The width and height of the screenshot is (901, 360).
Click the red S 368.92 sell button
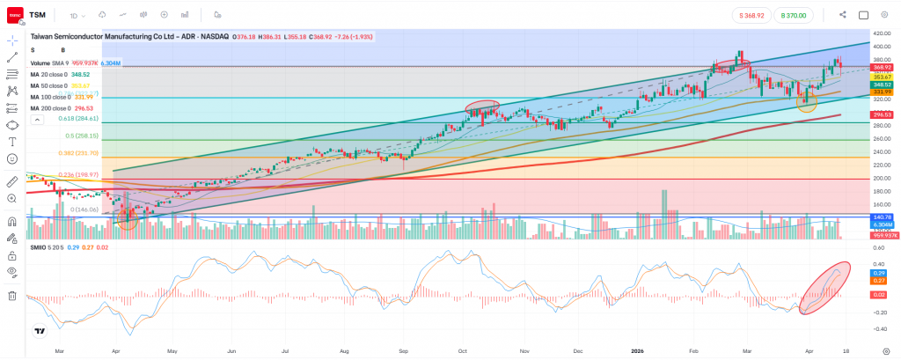click(756, 15)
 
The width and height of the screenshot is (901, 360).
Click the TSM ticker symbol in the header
click(38, 15)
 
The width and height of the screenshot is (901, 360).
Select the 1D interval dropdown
click(77, 15)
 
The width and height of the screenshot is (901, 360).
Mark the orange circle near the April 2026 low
click(806, 101)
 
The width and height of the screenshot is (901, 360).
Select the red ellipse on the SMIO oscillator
click(826, 287)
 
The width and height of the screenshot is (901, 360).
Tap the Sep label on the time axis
click(403, 350)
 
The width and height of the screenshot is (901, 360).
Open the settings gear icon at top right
click(884, 15)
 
